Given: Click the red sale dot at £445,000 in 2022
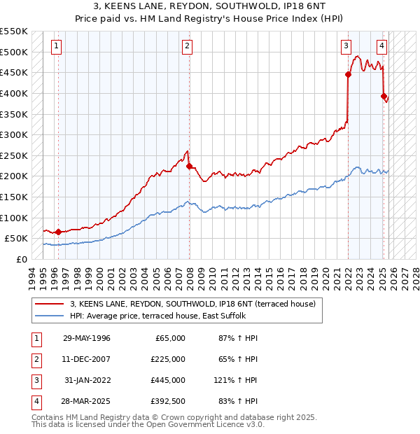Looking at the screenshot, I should [x=348, y=74].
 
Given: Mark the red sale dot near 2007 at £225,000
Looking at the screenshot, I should [x=190, y=166].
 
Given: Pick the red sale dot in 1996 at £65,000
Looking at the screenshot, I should [x=58, y=232].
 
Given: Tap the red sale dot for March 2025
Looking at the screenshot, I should [x=384, y=96].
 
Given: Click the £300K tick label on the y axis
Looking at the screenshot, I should [x=13, y=134].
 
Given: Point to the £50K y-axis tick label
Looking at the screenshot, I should [x=16, y=238].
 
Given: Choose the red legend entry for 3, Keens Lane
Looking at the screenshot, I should [x=192, y=304].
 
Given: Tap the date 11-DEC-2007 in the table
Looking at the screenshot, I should [x=86, y=359].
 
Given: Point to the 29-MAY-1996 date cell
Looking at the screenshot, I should [x=86, y=338].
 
